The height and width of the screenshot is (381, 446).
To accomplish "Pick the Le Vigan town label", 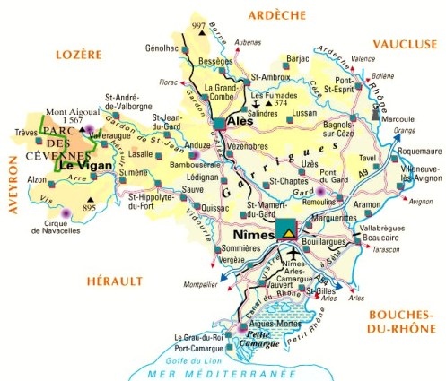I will click(x=82, y=165).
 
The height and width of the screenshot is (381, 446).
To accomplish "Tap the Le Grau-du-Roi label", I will click(x=195, y=337).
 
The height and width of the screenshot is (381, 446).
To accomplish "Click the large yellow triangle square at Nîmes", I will click(x=286, y=229).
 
